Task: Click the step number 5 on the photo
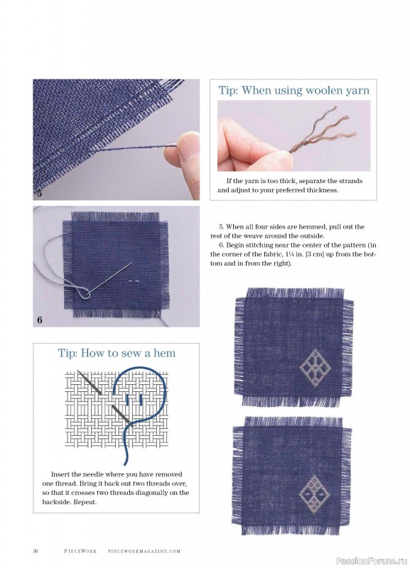[39, 192]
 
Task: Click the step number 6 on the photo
[40, 319]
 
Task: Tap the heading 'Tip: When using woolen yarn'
[293, 90]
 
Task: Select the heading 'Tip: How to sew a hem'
[117, 353]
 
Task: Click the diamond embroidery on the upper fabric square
[315, 368]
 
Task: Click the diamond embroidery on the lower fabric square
[314, 493]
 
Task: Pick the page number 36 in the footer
[36, 551]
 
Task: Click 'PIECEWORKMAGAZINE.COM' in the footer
[144, 551]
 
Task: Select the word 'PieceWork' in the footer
[80, 551]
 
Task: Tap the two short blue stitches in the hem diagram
[134, 400]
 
